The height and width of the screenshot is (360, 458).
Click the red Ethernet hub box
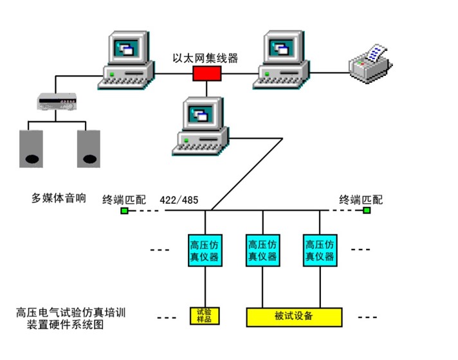207,73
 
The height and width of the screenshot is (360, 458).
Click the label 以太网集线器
205,58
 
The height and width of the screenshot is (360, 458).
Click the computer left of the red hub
128,60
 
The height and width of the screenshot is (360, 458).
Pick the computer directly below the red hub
201,125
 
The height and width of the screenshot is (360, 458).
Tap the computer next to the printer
283,60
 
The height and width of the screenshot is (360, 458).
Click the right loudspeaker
89,148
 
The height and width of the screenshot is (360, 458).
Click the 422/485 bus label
179,199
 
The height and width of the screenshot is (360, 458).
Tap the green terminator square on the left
124,210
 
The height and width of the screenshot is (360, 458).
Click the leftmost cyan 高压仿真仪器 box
205,251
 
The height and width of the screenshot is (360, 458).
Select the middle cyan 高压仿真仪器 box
262,251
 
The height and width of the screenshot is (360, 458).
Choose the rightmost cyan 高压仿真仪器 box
319,251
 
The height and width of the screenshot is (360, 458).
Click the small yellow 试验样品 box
205,316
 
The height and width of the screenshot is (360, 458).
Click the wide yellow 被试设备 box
294,316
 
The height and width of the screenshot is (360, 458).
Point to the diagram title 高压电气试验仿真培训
71,313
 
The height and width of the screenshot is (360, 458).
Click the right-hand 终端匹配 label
361,199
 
